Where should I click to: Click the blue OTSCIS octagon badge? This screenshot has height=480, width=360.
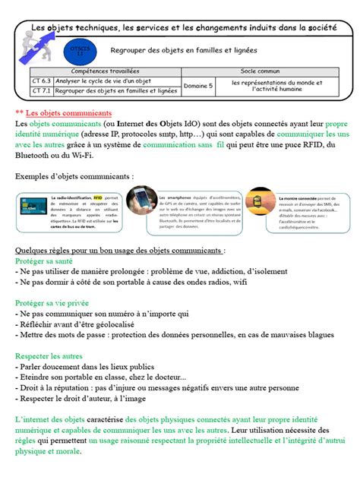point(80,51)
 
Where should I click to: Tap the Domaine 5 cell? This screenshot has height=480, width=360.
point(198,86)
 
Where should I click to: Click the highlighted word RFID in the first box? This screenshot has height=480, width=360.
point(97,196)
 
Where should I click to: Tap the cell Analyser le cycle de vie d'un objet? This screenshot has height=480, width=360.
point(99,81)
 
